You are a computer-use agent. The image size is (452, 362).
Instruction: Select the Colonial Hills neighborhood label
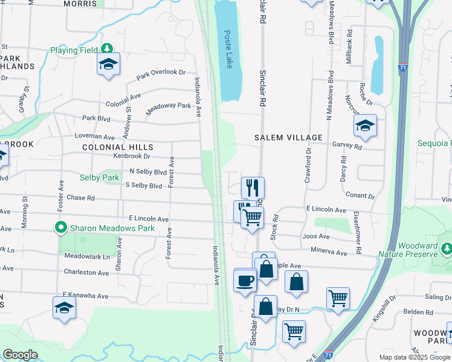118,147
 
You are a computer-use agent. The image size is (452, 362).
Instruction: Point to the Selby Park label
100,178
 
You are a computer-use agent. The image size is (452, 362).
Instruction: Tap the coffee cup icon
245,280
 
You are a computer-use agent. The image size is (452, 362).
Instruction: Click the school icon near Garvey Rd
365,125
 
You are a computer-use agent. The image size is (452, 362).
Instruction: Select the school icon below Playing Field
108,64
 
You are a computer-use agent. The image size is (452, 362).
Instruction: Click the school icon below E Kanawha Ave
65,308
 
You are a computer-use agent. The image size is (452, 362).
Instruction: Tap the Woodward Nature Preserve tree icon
446,249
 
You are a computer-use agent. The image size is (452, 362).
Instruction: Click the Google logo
21,355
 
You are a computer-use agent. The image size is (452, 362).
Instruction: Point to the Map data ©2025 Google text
415,357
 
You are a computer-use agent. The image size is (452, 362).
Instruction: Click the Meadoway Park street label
169,109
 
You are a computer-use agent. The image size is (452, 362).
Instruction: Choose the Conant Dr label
360,195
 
